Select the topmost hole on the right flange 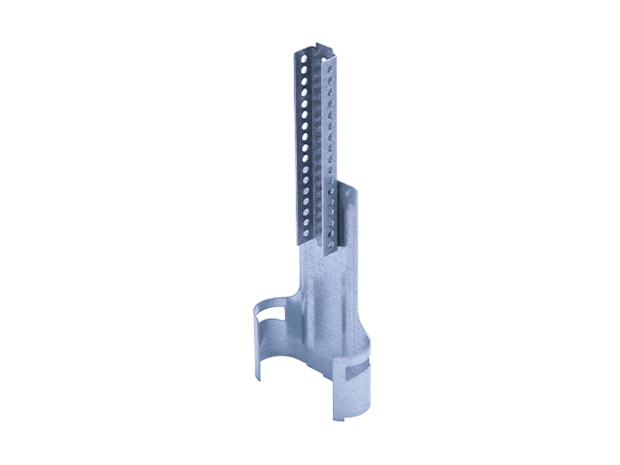[x=331, y=70]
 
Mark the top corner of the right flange [x=335, y=59]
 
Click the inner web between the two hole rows [x=318, y=143]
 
